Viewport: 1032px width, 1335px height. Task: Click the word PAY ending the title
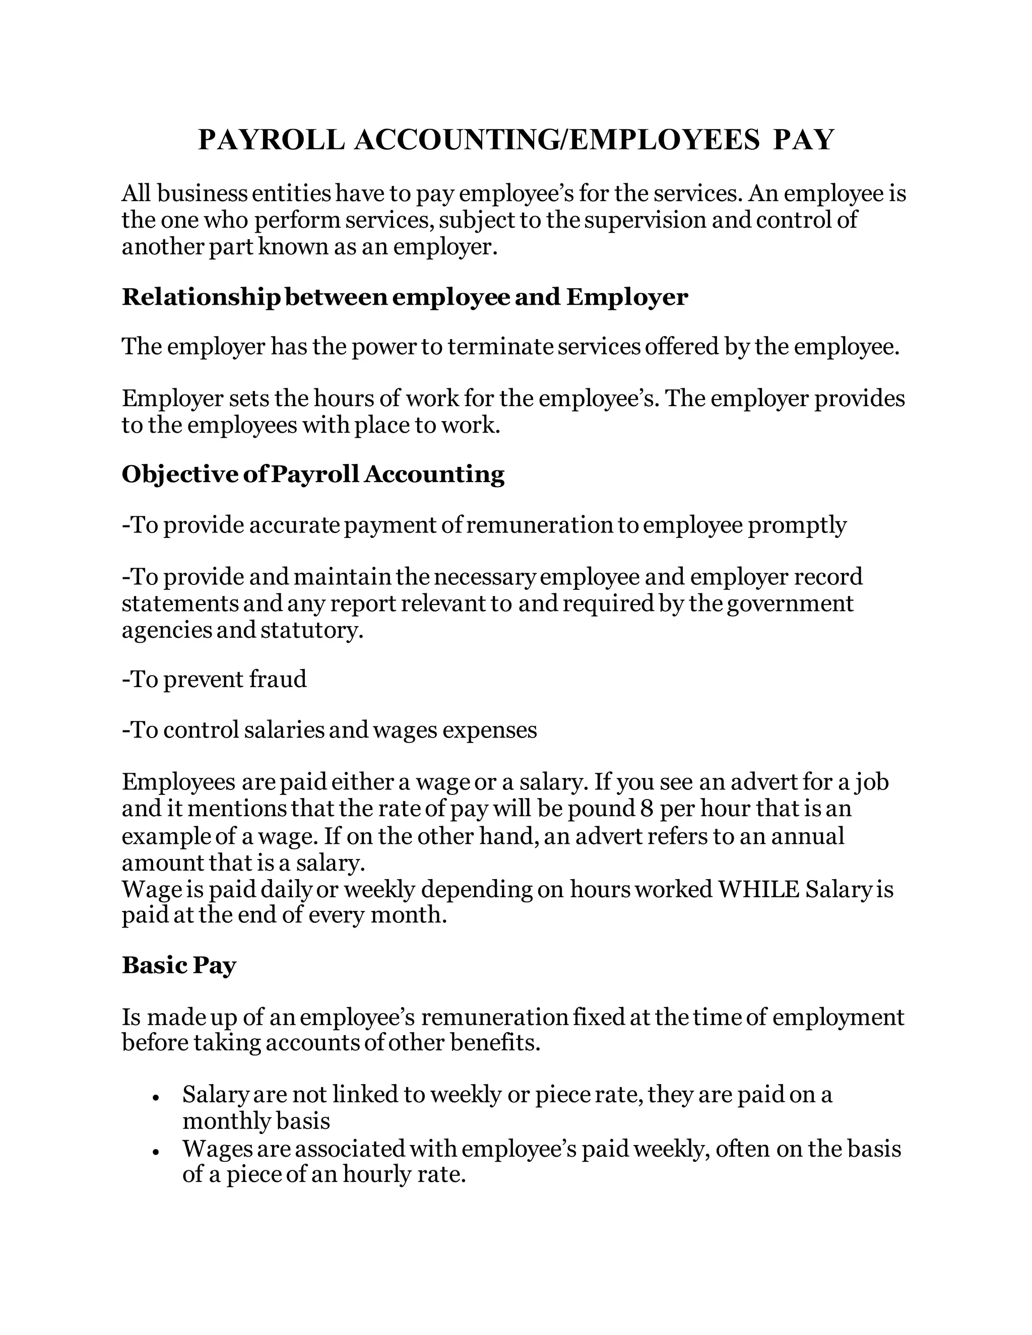[x=803, y=140]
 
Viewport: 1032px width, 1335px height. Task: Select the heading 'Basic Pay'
[x=178, y=965]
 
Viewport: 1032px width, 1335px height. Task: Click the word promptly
[x=797, y=525]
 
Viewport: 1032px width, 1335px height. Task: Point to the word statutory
[x=312, y=630]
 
